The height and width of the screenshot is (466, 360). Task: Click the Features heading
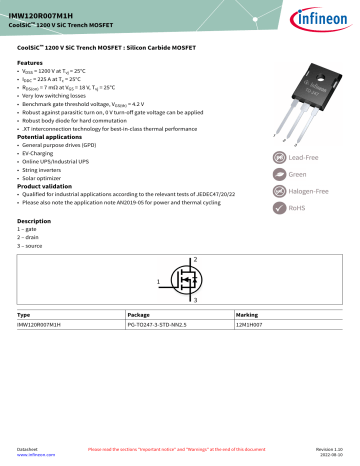[34, 62]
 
